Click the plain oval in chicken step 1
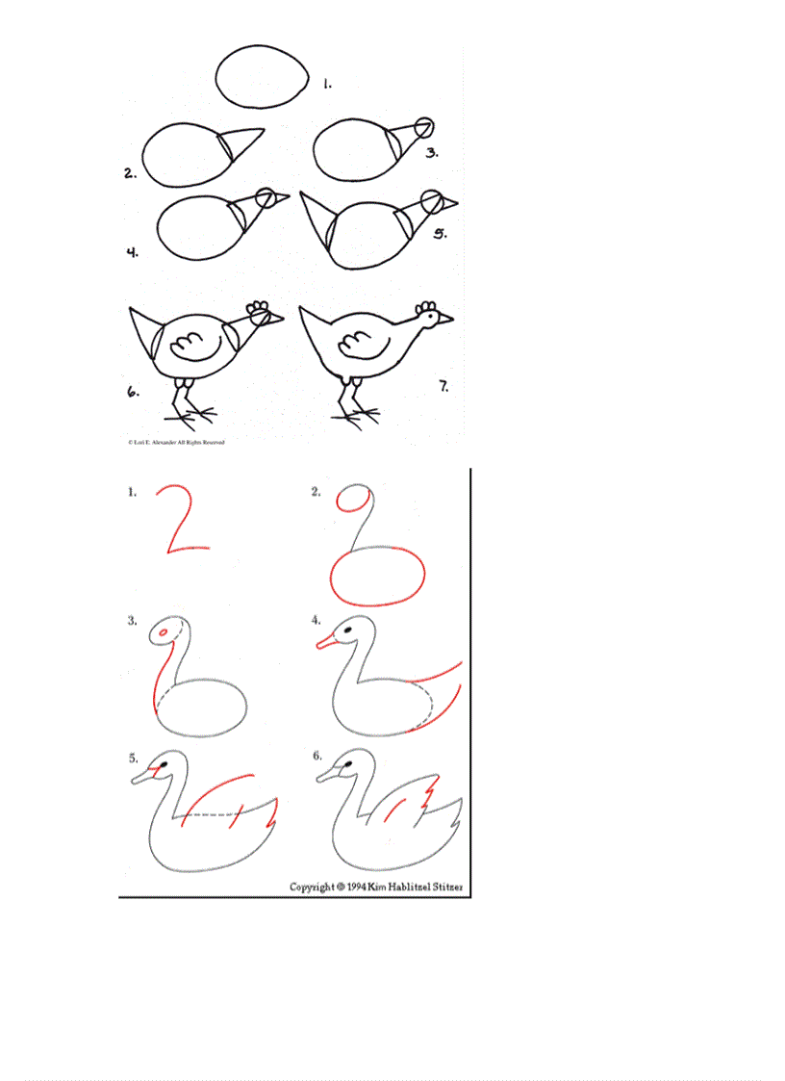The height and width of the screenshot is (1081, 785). pyautogui.click(x=263, y=76)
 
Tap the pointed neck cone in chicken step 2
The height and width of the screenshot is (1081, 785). pyautogui.click(x=241, y=143)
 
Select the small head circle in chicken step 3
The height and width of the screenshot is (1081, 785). pyautogui.click(x=424, y=125)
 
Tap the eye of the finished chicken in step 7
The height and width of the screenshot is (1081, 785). pyautogui.click(x=428, y=319)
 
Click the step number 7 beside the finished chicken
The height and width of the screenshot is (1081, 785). pyautogui.click(x=443, y=387)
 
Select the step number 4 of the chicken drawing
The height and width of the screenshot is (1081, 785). pyautogui.click(x=132, y=253)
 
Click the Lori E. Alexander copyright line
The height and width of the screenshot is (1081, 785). pyautogui.click(x=176, y=442)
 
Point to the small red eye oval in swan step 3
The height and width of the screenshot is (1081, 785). pyautogui.click(x=166, y=632)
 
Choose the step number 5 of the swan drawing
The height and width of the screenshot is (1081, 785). pyautogui.click(x=134, y=758)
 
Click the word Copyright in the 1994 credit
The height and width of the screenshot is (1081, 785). pyautogui.click(x=311, y=887)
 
